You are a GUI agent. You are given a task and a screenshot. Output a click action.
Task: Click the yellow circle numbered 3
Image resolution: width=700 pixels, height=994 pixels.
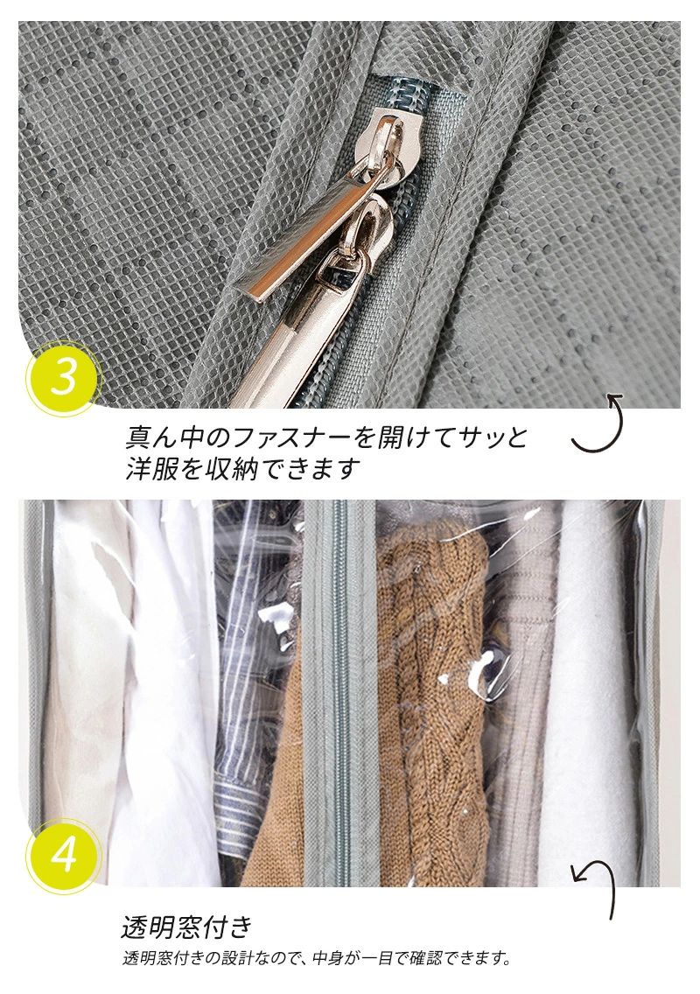tap(63, 379)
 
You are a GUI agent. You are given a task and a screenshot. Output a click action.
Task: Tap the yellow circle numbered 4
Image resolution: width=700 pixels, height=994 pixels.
tap(63, 856)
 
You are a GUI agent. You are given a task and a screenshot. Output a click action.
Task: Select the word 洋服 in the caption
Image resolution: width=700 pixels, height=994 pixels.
tap(150, 469)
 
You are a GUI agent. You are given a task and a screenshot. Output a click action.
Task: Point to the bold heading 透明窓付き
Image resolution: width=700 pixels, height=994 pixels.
tap(187, 927)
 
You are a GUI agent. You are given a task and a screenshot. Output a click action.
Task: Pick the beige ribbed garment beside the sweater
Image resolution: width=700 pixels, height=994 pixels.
tap(517, 697)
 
